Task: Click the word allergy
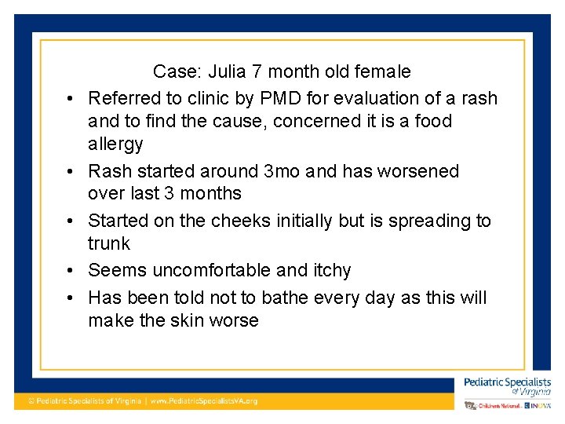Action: point(115,144)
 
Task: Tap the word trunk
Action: point(109,243)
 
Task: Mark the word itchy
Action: point(331,271)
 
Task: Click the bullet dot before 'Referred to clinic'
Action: point(71,99)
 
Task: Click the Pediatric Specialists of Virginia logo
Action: point(507,386)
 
